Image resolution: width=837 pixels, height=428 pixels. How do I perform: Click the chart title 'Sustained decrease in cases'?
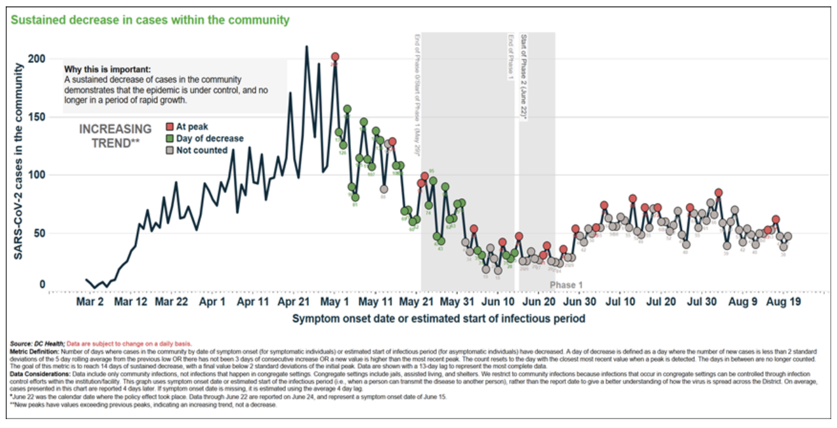pyautogui.click(x=150, y=20)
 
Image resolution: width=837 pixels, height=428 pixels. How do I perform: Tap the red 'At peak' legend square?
pyautogui.click(x=170, y=127)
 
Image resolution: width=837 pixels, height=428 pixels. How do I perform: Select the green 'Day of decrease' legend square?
pyautogui.click(x=170, y=138)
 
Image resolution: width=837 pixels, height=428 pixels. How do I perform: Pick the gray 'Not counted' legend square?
pyautogui.click(x=170, y=150)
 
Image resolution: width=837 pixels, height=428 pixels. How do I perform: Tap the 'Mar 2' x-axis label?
pyautogui.click(x=90, y=301)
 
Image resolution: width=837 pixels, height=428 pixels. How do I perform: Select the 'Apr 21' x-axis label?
pyautogui.click(x=294, y=301)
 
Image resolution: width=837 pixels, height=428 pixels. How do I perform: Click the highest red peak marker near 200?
pyautogui.click(x=335, y=57)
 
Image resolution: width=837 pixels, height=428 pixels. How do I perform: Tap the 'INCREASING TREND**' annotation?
pyautogui.click(x=115, y=136)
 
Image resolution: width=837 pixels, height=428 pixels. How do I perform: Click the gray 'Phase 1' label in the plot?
pyautogui.click(x=566, y=285)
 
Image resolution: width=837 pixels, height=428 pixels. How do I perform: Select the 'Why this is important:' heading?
pyautogui.click(x=108, y=69)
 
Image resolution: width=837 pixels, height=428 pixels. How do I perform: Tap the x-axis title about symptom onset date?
pyautogui.click(x=438, y=317)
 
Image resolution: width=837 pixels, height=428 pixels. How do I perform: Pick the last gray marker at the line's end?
pyautogui.click(x=788, y=236)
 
